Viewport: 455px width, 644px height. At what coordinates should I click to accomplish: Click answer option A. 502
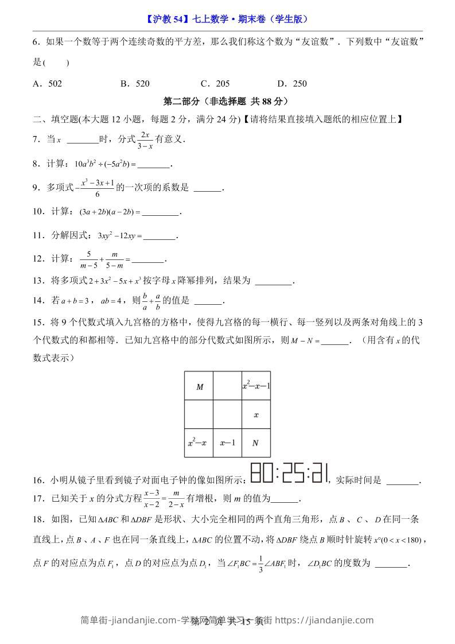point(48,84)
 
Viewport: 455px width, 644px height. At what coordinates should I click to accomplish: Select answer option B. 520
point(135,84)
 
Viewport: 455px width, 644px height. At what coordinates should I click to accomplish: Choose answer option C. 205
point(215,84)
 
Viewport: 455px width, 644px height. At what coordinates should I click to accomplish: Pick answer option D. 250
point(292,84)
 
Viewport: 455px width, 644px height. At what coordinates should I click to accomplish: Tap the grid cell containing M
point(199,386)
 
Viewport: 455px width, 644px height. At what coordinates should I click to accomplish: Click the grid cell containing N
point(256,443)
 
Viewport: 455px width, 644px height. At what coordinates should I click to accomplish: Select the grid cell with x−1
point(227,443)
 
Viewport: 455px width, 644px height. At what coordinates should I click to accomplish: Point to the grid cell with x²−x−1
point(256,386)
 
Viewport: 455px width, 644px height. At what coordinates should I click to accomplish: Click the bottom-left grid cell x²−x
point(199,443)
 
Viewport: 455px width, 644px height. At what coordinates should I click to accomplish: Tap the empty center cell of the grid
point(227,414)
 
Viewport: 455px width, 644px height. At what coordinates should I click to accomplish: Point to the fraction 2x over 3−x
point(145,140)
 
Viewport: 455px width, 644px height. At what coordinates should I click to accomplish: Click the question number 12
point(38,259)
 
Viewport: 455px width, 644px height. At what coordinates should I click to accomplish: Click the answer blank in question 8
point(154,164)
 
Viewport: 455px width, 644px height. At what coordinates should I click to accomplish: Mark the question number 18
point(38,519)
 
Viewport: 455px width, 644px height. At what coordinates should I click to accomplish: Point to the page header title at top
point(227,18)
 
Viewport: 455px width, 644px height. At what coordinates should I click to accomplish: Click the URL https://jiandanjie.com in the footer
point(325,620)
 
